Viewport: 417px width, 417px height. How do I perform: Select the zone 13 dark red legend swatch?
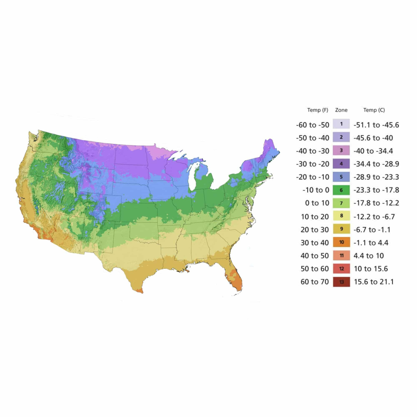(341, 282)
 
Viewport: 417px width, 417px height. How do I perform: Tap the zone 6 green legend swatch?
(341, 190)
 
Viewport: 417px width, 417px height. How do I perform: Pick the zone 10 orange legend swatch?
(341, 243)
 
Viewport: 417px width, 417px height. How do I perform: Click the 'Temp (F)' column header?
(318, 110)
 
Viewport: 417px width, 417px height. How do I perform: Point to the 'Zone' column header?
(341, 110)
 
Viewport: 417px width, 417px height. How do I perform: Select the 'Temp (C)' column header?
(374, 110)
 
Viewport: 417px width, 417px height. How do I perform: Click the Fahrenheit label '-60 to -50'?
(314, 125)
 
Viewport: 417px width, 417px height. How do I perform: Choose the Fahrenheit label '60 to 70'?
(315, 282)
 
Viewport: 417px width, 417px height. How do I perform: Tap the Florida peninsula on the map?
(235, 277)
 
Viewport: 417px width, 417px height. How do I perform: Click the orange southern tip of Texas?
(140, 290)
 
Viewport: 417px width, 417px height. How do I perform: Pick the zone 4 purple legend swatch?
(341, 164)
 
